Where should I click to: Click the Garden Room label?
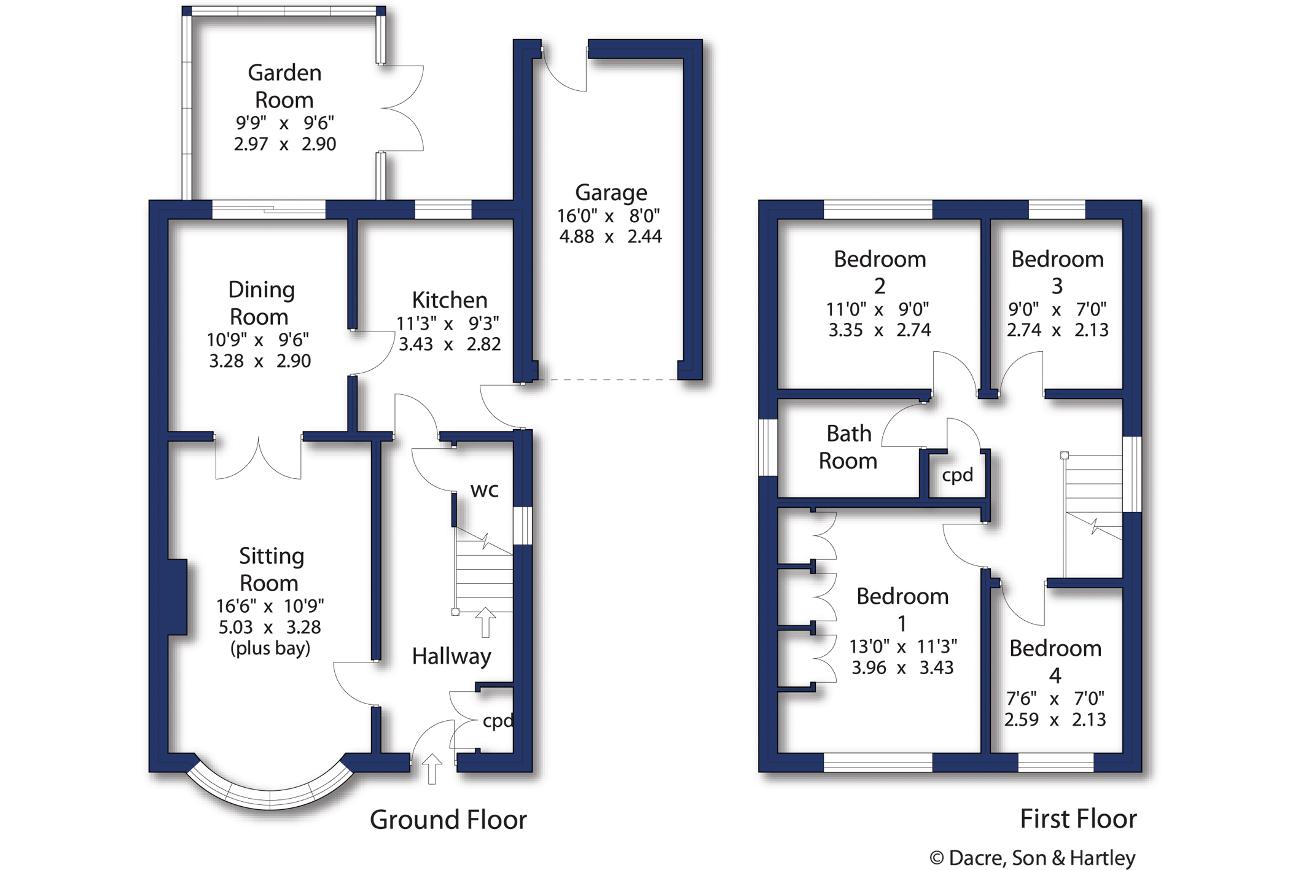(x=284, y=86)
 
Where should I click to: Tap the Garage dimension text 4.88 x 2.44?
(x=610, y=236)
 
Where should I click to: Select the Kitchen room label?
(x=450, y=300)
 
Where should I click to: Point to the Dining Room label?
(x=260, y=303)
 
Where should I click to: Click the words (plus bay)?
(x=270, y=648)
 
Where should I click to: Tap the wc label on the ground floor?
(x=484, y=490)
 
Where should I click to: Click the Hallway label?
(x=452, y=656)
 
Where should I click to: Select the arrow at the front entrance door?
(x=432, y=768)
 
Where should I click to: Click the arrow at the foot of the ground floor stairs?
(x=485, y=622)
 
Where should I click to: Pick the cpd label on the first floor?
(x=958, y=475)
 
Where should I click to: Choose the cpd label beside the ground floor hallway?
(x=498, y=721)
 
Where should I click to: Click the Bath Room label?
(x=848, y=447)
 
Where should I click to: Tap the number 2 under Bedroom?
(x=880, y=286)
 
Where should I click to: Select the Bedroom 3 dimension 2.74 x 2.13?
(x=1057, y=330)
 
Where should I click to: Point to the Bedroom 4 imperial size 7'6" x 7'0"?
(x=1055, y=699)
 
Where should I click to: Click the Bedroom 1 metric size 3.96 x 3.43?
(x=902, y=667)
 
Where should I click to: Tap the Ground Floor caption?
(x=448, y=820)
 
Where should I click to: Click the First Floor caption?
(x=1078, y=819)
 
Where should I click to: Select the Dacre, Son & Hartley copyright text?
(x=1032, y=858)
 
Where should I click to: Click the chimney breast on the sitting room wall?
(x=178, y=597)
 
